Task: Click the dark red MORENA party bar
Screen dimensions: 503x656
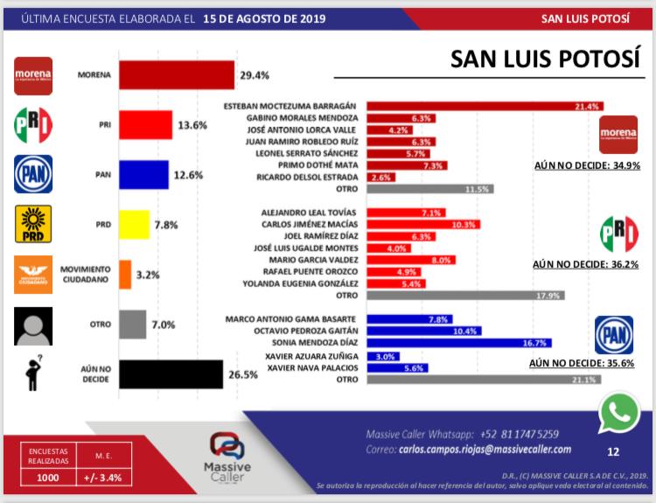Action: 176,75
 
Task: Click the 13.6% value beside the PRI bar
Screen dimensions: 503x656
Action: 191,125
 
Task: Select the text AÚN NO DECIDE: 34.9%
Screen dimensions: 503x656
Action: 597,164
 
